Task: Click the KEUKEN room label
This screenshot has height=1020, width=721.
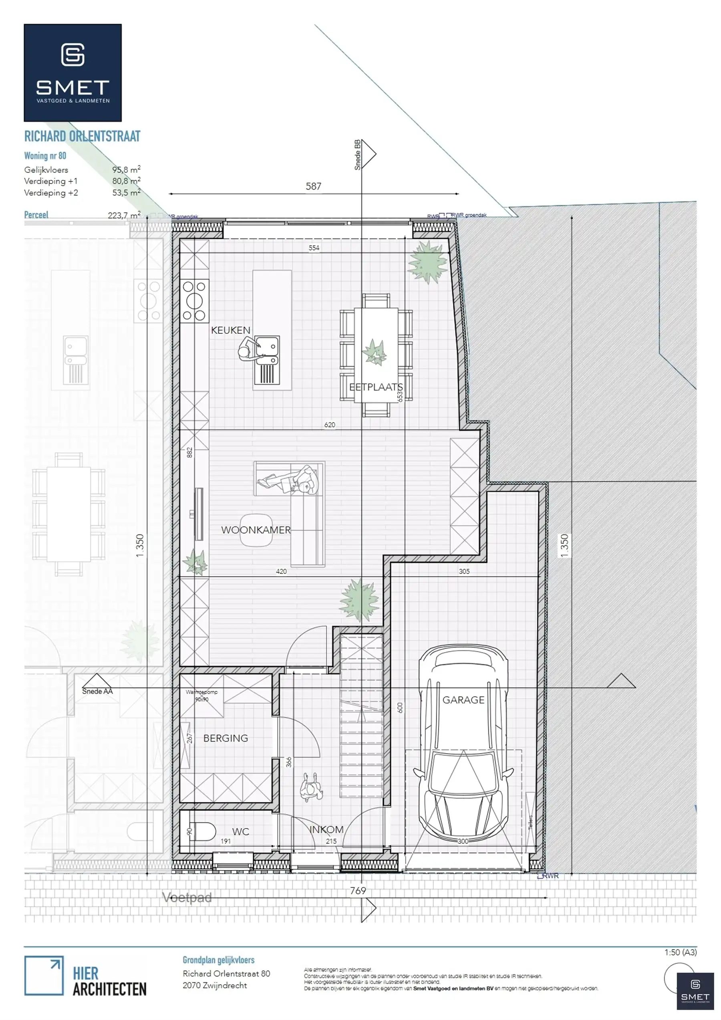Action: (x=231, y=330)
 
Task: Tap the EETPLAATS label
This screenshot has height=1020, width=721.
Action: (x=376, y=387)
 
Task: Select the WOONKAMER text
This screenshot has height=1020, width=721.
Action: (x=256, y=530)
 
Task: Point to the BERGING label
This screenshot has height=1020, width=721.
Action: (x=226, y=738)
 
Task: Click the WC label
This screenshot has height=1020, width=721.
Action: (x=240, y=832)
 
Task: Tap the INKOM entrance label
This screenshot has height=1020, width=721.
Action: (x=326, y=829)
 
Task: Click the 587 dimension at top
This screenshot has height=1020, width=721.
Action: (x=313, y=186)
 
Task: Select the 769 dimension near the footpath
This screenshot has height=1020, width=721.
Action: (x=358, y=891)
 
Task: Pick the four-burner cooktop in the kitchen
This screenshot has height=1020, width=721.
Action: (x=195, y=301)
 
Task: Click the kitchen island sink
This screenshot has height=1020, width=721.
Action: (x=267, y=351)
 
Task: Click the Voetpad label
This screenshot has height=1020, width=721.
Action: (x=187, y=897)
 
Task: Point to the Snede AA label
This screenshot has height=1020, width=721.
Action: (x=97, y=691)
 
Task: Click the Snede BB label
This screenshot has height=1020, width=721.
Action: (x=357, y=155)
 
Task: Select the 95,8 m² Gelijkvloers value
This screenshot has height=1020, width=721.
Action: (x=126, y=170)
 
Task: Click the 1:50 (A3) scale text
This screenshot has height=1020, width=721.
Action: (x=680, y=952)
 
